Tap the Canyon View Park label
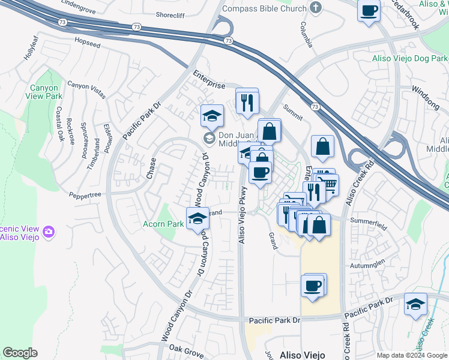point(46,92)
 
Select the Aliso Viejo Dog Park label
point(410,58)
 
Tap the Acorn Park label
point(163,224)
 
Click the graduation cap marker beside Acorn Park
point(197,219)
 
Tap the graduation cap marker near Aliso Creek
point(415,304)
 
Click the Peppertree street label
point(85,194)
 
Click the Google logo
point(20,352)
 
